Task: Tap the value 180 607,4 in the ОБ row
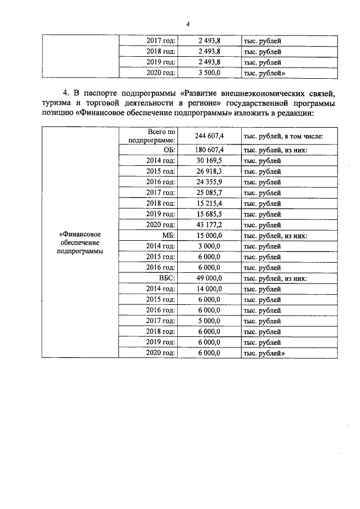pos(209,150)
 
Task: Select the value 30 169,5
pos(209,160)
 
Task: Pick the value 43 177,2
pos(209,224)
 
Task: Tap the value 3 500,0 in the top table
pos(209,73)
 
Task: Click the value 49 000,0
pos(209,278)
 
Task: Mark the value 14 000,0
pos(209,289)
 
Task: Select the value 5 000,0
pos(209,321)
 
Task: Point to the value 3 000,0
pos(209,246)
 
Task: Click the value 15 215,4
pos(209,203)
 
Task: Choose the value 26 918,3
pos(209,171)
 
